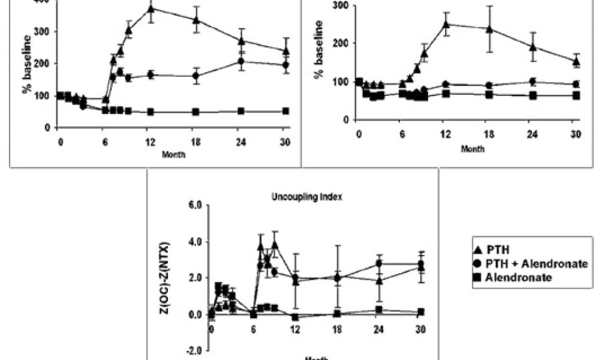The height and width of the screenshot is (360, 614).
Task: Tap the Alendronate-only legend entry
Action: click(x=514, y=277)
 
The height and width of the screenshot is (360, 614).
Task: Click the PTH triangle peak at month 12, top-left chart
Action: click(x=151, y=9)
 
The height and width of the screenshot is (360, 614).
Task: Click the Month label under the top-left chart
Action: click(x=173, y=154)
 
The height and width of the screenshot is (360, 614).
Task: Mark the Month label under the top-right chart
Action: click(x=472, y=148)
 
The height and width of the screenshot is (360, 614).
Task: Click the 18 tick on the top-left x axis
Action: click(x=196, y=142)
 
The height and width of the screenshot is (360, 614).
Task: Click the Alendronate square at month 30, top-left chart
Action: click(x=286, y=111)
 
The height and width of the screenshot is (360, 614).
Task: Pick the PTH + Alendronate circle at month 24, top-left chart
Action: click(x=241, y=61)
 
